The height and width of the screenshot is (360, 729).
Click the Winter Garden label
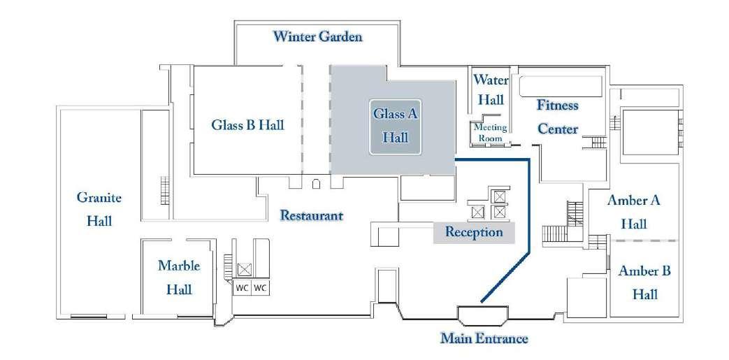point(317,36)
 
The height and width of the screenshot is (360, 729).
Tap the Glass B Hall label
point(247,125)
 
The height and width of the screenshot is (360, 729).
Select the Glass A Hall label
point(395,125)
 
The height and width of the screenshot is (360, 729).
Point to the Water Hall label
point(491,89)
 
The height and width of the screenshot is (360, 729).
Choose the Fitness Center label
point(557,117)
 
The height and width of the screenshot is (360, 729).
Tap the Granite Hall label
point(99,209)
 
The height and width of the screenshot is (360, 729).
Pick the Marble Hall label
point(179,277)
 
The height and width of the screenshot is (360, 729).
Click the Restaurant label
point(311,215)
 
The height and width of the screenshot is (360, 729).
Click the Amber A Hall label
point(633,212)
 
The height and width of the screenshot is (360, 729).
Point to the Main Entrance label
point(484,340)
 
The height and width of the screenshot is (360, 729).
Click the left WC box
point(242,288)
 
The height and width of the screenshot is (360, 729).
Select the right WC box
point(260,288)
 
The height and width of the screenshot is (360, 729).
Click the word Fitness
point(557,106)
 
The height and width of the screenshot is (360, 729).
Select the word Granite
point(99,198)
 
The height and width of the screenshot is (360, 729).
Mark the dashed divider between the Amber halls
point(644,240)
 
